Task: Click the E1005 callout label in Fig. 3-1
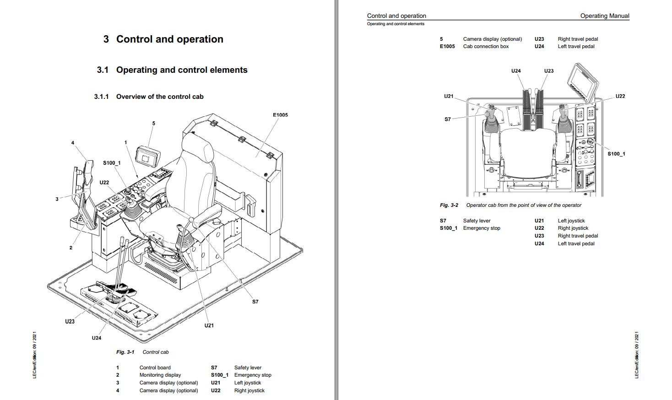[280, 115]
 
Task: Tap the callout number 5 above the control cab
[154, 123]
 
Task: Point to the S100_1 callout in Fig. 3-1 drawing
[112, 163]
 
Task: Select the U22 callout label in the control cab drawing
[104, 183]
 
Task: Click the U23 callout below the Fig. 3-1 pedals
[70, 321]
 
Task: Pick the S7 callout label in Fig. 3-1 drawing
[255, 302]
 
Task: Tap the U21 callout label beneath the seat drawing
[209, 325]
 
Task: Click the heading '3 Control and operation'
[163, 39]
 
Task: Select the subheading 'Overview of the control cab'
[160, 97]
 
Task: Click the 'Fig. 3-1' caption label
[125, 352]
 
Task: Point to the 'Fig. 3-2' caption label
[449, 205]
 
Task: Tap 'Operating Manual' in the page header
[604, 16]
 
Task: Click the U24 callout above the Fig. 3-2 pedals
[516, 71]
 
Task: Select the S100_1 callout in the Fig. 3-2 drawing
[616, 154]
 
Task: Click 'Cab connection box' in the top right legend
[486, 46]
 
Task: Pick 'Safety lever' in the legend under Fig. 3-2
[477, 221]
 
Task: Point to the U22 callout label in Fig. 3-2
[620, 96]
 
